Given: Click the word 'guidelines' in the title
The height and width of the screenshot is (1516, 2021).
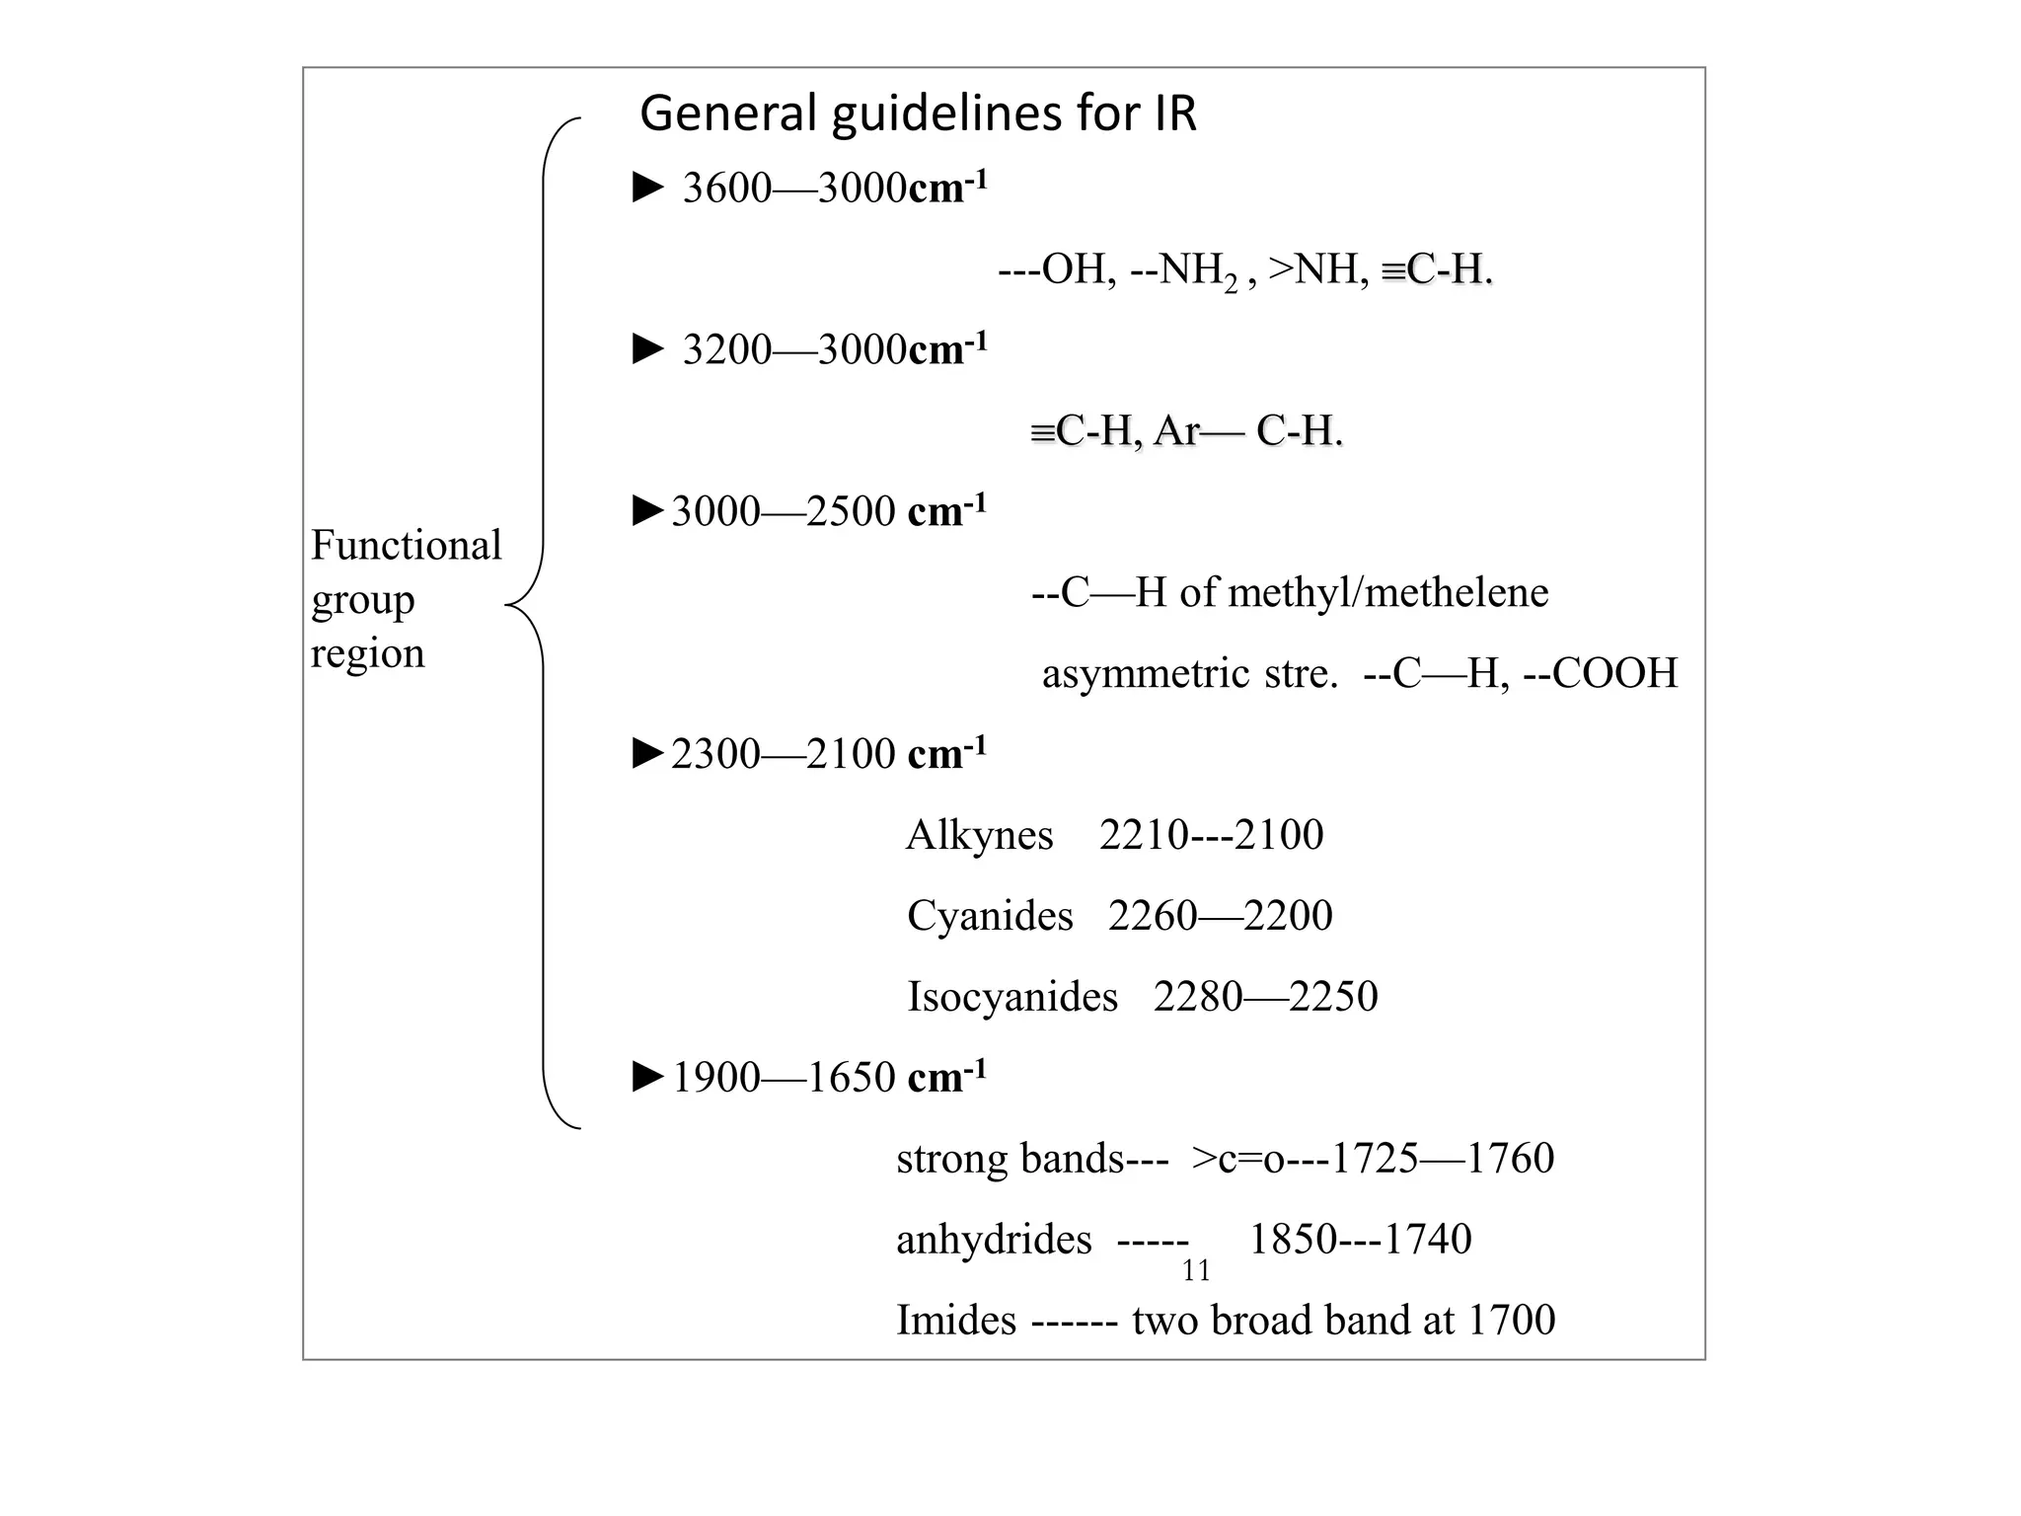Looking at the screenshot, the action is click(947, 114).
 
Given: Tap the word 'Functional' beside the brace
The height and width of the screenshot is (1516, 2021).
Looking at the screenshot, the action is click(406, 545).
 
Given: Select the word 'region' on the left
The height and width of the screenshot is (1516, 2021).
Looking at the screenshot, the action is click(367, 653).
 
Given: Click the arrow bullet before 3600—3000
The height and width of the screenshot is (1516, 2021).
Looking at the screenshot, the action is click(647, 187).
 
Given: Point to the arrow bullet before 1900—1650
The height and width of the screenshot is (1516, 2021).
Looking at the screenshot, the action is click(647, 1077).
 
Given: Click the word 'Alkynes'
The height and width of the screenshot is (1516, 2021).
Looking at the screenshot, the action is click(979, 835).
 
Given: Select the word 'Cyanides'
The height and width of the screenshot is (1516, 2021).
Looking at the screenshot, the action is click(990, 916).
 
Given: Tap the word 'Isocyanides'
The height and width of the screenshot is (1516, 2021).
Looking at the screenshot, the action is click(1012, 997).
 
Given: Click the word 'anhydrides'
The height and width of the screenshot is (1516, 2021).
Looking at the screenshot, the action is click(994, 1240).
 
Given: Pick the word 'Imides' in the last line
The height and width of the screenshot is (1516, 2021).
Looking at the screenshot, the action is click(955, 1321).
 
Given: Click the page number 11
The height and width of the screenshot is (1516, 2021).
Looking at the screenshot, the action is click(1196, 1271).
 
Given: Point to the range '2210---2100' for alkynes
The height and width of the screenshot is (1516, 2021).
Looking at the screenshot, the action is click(1211, 835).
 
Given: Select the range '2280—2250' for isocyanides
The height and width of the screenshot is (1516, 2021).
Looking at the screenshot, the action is click(1265, 997).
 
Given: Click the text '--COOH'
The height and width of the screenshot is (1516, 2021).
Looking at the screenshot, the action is click(1601, 673).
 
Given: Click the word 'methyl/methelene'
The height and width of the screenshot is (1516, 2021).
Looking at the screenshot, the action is click(1388, 592).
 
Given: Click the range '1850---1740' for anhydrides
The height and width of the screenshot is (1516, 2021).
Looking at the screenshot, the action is click(1360, 1240).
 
